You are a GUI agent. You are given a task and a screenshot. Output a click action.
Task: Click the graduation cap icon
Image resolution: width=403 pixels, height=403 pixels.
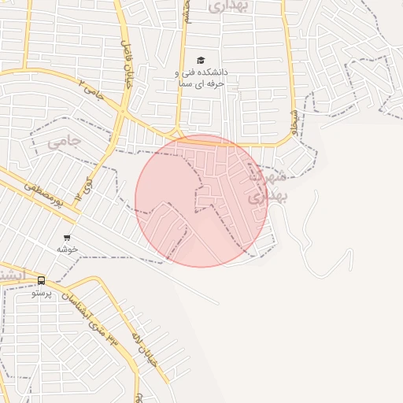pos(200,61)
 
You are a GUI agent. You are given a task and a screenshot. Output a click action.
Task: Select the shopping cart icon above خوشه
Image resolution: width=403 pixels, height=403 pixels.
pos(67,237)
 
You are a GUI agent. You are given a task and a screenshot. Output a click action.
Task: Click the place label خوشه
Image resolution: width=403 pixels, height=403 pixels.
pos(67,249)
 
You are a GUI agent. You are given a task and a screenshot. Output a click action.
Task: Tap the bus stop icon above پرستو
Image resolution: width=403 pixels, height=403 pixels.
pos(41,281)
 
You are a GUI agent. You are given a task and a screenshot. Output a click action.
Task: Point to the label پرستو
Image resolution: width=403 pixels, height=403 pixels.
pos(41,293)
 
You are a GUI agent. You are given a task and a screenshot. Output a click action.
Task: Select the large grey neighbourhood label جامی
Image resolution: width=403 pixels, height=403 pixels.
pos(64,142)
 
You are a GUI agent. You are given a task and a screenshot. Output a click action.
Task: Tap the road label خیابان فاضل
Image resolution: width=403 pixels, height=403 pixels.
pos(128,63)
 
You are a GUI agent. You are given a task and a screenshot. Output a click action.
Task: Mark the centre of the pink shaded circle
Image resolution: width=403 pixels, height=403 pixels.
pos(201,201)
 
